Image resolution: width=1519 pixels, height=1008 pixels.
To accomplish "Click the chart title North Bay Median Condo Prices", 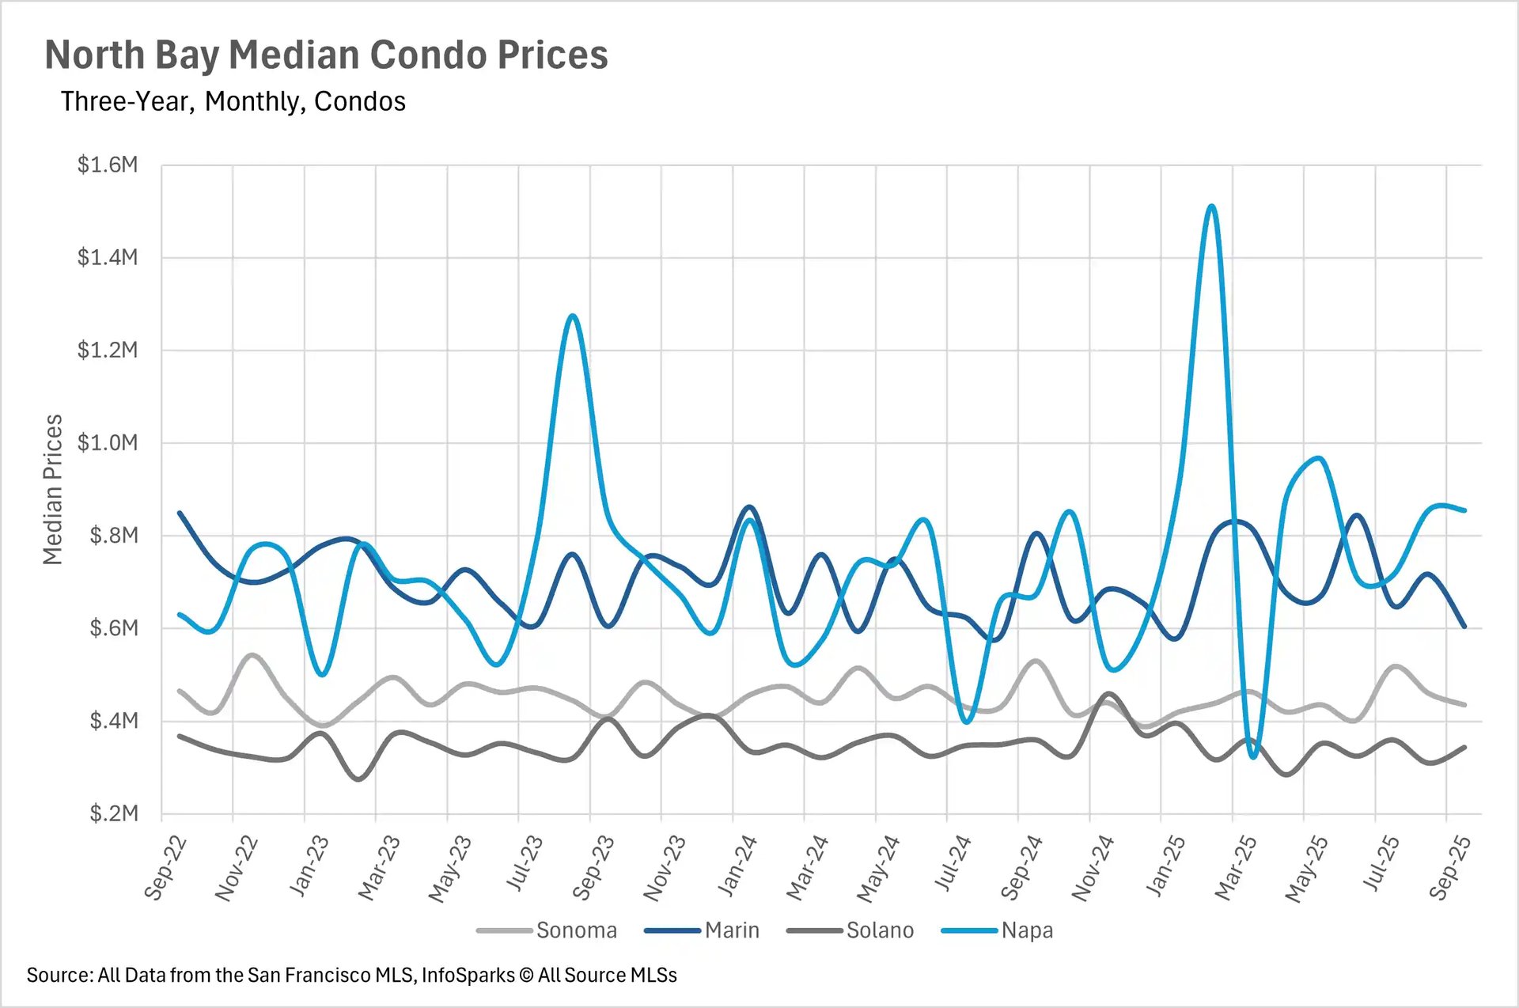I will (326, 55).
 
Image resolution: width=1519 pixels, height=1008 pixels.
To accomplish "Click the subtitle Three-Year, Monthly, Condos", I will (233, 102).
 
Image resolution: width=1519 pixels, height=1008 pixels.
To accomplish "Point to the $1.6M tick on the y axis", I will (108, 165).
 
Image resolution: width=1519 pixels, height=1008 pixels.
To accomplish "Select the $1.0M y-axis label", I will (108, 442).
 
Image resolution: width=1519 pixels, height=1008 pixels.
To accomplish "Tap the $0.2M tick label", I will (113, 813).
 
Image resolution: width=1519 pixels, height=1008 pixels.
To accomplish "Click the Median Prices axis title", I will (52, 489).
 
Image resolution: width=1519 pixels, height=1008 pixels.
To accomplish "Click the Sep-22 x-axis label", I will (166, 868).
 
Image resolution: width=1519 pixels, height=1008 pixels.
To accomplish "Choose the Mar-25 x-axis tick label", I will (1236, 868).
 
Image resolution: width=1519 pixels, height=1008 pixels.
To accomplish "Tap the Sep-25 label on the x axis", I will (1450, 868).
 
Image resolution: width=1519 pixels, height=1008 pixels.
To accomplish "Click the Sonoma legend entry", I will (576, 930).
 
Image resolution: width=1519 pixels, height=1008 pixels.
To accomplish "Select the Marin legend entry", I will (732, 930).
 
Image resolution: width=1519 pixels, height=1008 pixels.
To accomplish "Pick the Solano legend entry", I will (880, 930).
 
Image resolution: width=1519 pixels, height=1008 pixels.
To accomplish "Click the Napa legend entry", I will (1027, 930).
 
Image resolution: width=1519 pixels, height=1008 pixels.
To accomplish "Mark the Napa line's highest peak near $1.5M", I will (1211, 207).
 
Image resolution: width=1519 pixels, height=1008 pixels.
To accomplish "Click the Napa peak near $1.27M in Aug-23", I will (573, 316).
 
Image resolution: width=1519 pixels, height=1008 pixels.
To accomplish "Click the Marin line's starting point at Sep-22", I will (180, 513).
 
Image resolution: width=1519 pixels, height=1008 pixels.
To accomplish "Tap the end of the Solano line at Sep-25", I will (1464, 747).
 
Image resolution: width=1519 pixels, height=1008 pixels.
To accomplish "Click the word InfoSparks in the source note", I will (468, 976).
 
